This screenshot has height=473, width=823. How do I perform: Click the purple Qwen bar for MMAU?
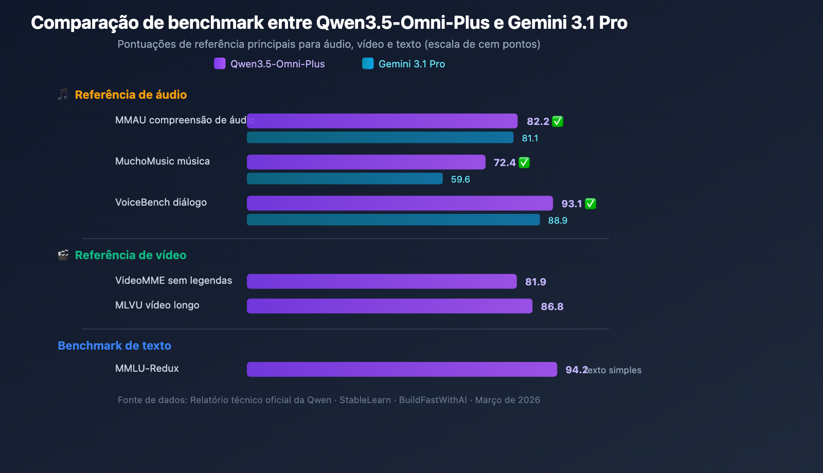point(382,121)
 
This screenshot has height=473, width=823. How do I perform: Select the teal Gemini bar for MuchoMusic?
point(345,178)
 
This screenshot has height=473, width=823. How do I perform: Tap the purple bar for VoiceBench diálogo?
point(400,203)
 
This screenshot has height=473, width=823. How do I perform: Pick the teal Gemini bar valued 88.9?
point(393,220)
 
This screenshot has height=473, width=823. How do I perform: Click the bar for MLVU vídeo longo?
point(389,306)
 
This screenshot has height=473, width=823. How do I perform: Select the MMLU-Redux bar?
point(402,369)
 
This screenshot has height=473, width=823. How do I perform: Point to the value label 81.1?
point(530,138)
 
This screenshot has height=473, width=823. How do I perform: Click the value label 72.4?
point(504,162)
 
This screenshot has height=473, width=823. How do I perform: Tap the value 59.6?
point(460,179)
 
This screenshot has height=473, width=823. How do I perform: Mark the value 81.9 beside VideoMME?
point(535,282)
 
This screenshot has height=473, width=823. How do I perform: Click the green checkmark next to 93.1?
point(591,204)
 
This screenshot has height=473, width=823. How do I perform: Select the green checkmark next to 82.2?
point(558,121)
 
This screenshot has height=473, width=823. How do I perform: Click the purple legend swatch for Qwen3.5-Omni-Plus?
point(220,63)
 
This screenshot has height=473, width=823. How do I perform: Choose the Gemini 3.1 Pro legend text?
point(411,64)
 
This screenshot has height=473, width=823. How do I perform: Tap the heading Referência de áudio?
point(131,95)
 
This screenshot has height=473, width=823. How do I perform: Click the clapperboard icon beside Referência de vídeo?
point(63,255)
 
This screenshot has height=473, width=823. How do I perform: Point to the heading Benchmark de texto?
point(114,345)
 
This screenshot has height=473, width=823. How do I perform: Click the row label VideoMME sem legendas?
point(173,280)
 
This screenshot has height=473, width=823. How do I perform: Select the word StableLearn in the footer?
point(365,400)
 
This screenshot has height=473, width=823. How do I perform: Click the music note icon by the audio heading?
point(63,95)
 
